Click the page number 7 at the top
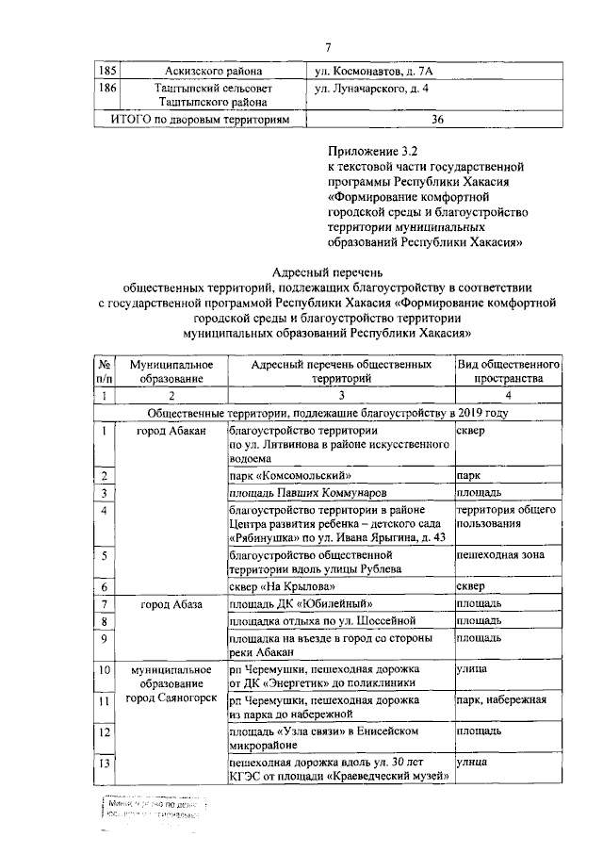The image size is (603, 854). coord(328,48)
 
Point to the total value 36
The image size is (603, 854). coord(436,121)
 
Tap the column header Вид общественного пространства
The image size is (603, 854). coord(509,370)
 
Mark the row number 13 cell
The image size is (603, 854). coord(105,763)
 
